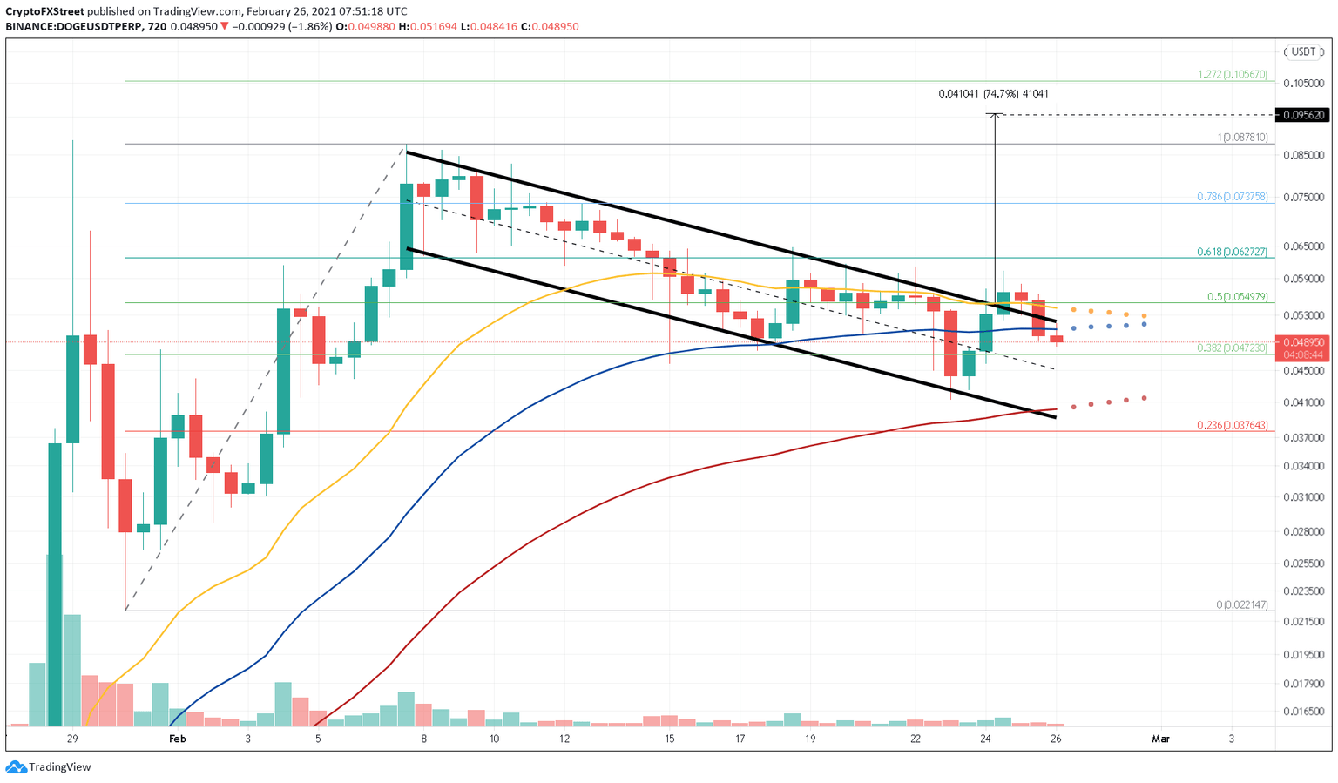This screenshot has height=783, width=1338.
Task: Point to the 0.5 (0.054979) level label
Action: [1238, 297]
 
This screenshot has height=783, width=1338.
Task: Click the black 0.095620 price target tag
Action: [1302, 115]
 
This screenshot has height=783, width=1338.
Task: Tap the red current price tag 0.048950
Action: [1302, 342]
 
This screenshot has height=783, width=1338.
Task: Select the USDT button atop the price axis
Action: [1303, 51]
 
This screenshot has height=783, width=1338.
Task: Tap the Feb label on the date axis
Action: [178, 739]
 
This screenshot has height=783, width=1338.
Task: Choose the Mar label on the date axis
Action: [1160, 739]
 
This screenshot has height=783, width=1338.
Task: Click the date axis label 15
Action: [670, 739]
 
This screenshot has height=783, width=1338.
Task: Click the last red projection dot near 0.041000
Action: [1144, 398]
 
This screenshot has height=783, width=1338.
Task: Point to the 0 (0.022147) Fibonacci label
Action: [1242, 604]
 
